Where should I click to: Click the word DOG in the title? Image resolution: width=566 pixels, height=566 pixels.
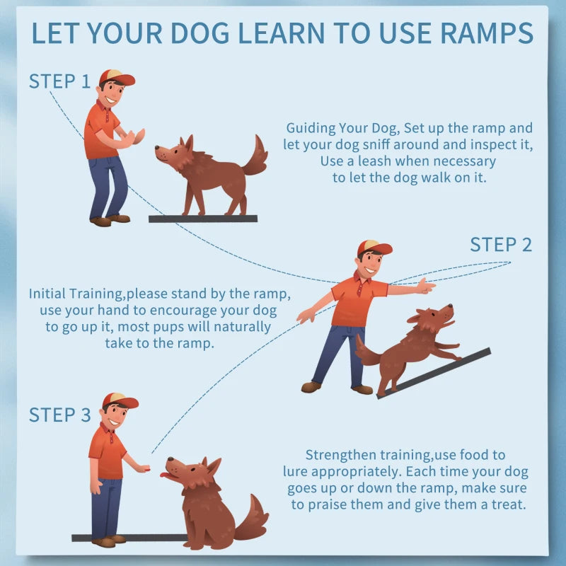point(200,33)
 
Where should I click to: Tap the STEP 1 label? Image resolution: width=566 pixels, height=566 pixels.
point(59,81)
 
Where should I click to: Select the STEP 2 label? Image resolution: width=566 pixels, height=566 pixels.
point(501,245)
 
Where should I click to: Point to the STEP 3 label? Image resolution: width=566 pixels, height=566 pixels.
point(60,415)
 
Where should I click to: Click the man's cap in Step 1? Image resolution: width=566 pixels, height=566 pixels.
point(116,77)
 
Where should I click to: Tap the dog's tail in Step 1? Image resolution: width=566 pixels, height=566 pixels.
point(255,156)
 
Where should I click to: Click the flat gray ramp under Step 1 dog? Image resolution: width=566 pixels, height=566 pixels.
point(203,219)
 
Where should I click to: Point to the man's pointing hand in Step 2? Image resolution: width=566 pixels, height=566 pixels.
point(426,287)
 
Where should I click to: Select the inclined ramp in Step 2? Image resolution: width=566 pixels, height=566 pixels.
point(434,374)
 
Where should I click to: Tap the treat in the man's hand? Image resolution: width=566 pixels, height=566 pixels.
point(146,469)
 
